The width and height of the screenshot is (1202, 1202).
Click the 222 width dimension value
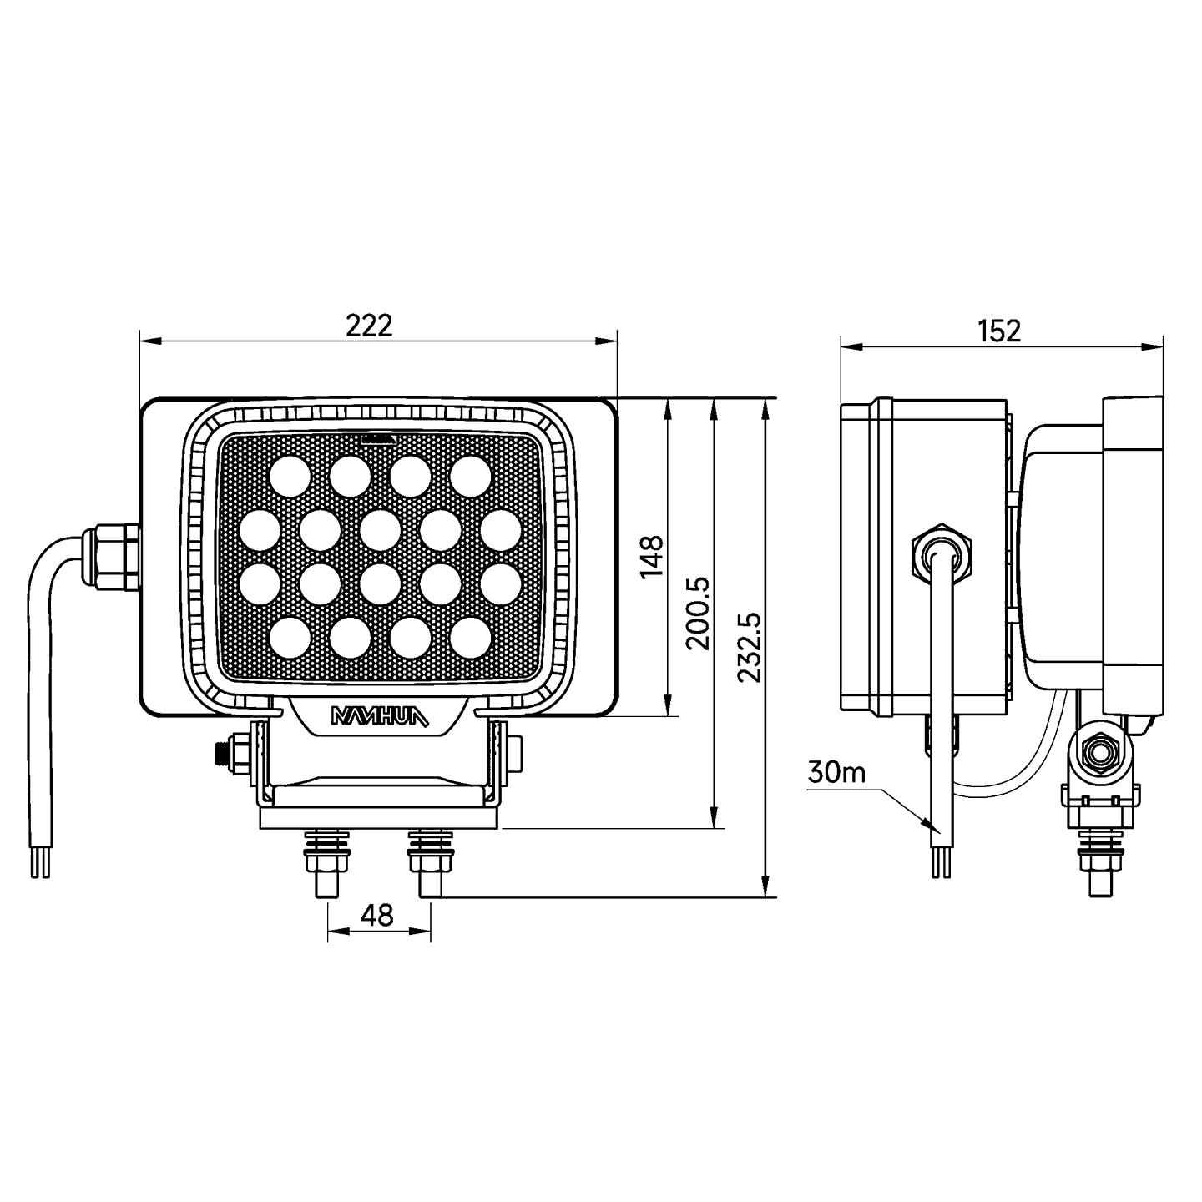pos(369,325)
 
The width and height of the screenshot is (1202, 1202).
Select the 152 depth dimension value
pos(998,331)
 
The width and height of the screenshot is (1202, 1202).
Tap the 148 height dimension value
pos(652,557)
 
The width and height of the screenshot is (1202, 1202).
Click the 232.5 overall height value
pos(750,647)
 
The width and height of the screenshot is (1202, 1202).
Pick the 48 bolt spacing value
pos(379,915)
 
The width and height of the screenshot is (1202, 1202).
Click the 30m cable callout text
pos(836,773)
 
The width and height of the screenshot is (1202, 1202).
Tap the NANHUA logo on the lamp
pos(379,717)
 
